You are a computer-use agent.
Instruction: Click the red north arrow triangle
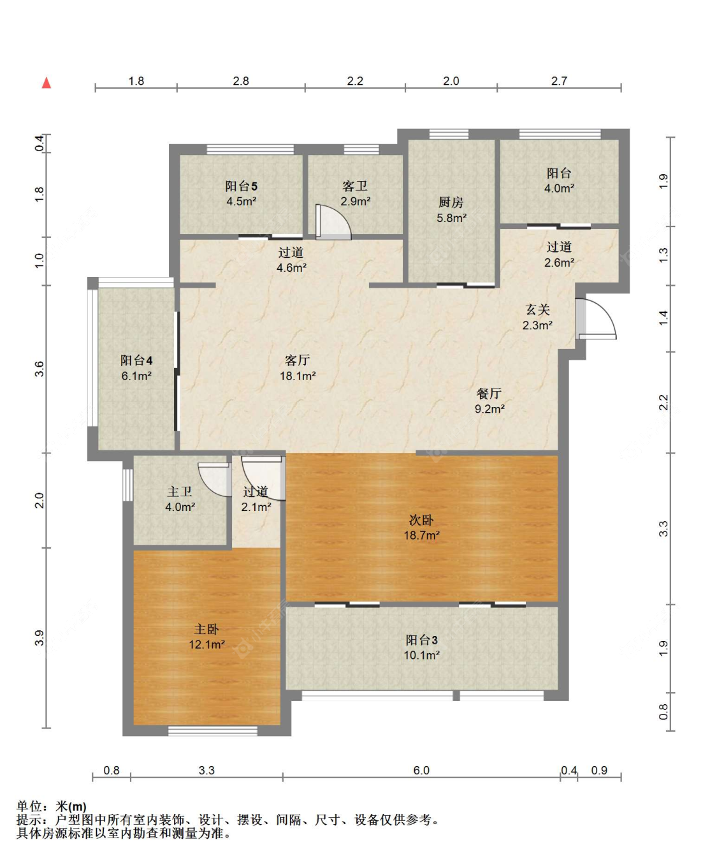pyautogui.click(x=47, y=83)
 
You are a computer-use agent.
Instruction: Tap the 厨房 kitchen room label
pyautogui.click(x=451, y=202)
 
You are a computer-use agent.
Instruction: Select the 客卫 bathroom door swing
pyautogui.click(x=333, y=222)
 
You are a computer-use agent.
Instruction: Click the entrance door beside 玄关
pyautogui.click(x=595, y=318)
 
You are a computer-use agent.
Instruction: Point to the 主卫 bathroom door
pyautogui.click(x=215, y=479)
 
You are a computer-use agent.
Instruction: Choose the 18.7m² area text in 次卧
pyautogui.click(x=421, y=535)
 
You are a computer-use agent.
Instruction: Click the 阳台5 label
pyautogui.click(x=242, y=186)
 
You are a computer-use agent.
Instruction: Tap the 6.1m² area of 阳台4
pyautogui.click(x=136, y=376)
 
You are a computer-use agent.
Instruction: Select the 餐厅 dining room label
pyautogui.click(x=489, y=393)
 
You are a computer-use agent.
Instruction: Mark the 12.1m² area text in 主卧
pyautogui.click(x=206, y=645)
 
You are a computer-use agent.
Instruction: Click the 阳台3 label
pyautogui.click(x=421, y=640)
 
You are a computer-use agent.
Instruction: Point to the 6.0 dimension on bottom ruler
pyautogui.click(x=421, y=770)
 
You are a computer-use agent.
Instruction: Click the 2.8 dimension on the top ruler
pyautogui.click(x=240, y=81)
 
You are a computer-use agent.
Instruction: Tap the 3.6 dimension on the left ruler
pyautogui.click(x=40, y=369)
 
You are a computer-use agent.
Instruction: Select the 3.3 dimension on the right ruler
pyautogui.click(x=663, y=529)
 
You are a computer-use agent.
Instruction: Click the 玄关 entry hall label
pyautogui.click(x=537, y=309)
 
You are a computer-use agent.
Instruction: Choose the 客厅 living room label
pyautogui.click(x=297, y=360)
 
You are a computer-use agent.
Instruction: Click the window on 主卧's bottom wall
pyautogui.click(x=213, y=731)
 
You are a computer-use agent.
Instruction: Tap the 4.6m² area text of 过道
pyautogui.click(x=291, y=268)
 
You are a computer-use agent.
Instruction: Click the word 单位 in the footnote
pyautogui.click(x=29, y=806)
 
